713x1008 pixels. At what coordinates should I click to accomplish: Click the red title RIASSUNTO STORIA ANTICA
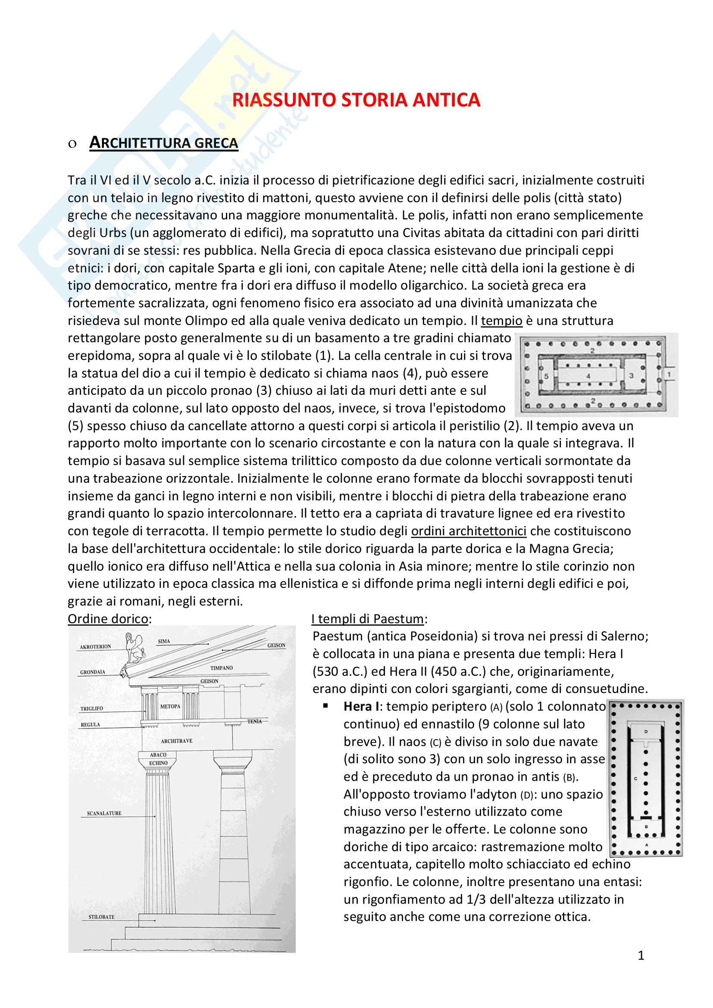(356, 100)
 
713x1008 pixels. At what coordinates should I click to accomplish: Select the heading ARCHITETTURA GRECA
(163, 143)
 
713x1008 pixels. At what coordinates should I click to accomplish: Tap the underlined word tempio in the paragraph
(501, 321)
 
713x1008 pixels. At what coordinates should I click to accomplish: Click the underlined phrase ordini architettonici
(469, 531)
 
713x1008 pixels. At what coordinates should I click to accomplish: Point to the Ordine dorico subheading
(108, 619)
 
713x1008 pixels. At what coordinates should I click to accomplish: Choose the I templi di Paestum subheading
(368, 619)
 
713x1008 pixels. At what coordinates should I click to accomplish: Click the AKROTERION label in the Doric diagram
(95, 647)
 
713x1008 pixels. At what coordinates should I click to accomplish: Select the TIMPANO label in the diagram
(221, 668)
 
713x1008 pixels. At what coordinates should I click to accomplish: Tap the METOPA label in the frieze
(170, 706)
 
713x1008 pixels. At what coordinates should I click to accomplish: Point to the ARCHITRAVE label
(176, 741)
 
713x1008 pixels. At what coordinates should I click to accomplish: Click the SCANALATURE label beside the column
(104, 814)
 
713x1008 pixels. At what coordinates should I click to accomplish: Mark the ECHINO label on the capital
(158, 763)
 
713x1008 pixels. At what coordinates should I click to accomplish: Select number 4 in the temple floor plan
(588, 376)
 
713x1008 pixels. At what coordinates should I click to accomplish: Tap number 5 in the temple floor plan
(547, 376)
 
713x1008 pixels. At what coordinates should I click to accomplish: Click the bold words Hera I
(361, 706)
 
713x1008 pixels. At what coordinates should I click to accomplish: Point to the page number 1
(641, 955)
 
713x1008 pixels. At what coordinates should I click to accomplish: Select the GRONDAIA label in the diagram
(93, 672)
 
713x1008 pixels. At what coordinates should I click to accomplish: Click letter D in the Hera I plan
(646, 732)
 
